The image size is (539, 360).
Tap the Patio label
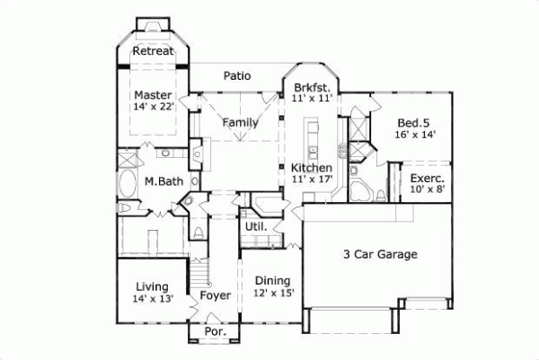[237, 76]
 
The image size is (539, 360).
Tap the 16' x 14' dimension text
[415, 134]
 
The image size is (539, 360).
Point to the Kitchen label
[312, 168]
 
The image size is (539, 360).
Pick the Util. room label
[255, 227]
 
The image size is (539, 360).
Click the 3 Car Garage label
[380, 255]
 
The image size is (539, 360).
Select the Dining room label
[273, 280]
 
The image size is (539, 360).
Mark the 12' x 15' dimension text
[273, 293]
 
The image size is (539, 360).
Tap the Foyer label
[216, 295]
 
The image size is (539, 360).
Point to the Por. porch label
[215, 331]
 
